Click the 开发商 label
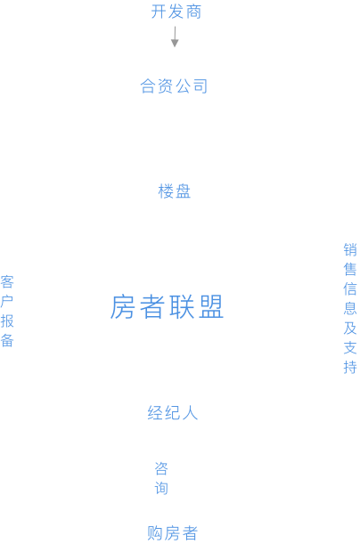click(x=176, y=12)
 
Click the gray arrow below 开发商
click(x=175, y=37)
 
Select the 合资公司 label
click(x=174, y=86)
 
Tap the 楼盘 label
click(x=174, y=191)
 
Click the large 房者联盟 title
click(x=167, y=307)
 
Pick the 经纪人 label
click(x=173, y=413)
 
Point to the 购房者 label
click(x=173, y=533)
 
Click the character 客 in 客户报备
click(x=7, y=282)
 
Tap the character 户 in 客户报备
click(x=7, y=302)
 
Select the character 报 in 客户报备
click(x=7, y=321)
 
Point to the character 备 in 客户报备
click(x=7, y=341)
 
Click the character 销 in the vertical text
click(x=350, y=249)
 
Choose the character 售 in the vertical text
click(x=350, y=269)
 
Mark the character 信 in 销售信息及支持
click(x=350, y=289)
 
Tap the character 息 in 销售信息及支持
click(x=350, y=309)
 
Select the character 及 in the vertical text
click(x=350, y=329)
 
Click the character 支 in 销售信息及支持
click(x=350, y=348)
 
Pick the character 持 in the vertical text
click(x=350, y=368)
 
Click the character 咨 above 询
click(x=161, y=468)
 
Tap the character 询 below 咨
click(x=161, y=488)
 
